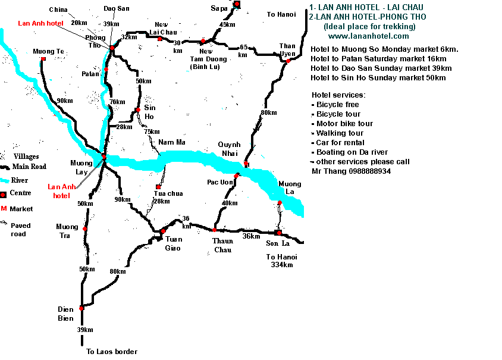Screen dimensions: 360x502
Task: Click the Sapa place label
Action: pyautogui.click(x=219, y=8)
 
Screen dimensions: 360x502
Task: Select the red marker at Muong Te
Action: pyautogui.click(x=43, y=59)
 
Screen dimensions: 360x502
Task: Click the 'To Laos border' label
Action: pyautogui.click(x=112, y=352)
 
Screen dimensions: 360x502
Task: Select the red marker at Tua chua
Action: pyautogui.click(x=158, y=187)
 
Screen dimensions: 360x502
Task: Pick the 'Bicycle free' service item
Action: pyautogui.click(x=338, y=105)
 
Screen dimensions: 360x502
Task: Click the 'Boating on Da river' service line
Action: pyautogui.click(x=352, y=152)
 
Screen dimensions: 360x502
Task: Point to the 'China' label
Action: pyautogui.click(x=58, y=10)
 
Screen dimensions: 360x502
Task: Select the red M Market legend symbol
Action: pyautogui.click(x=4, y=209)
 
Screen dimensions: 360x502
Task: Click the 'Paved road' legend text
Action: pyautogui.click(x=20, y=230)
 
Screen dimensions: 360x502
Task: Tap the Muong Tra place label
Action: pyautogui.click(x=67, y=230)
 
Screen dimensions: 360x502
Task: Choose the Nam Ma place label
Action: pyautogui.click(x=168, y=142)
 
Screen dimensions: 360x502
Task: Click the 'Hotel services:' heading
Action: pyautogui.click(x=338, y=95)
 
